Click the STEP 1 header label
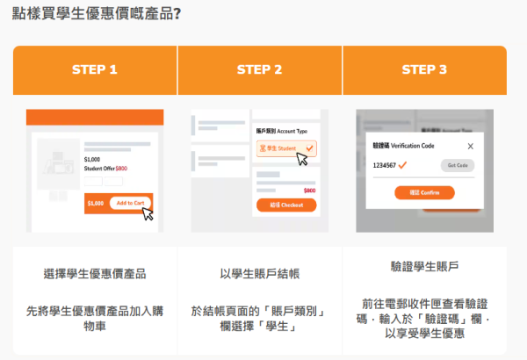click(96, 69)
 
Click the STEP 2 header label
click(260, 69)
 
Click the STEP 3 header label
click(424, 69)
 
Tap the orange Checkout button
click(286, 205)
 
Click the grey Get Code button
click(458, 165)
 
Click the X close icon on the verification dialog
click(470, 147)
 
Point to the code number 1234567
click(384, 165)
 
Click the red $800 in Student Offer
click(121, 168)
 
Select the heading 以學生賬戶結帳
click(260, 273)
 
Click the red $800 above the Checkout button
click(309, 191)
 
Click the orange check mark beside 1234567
click(402, 165)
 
